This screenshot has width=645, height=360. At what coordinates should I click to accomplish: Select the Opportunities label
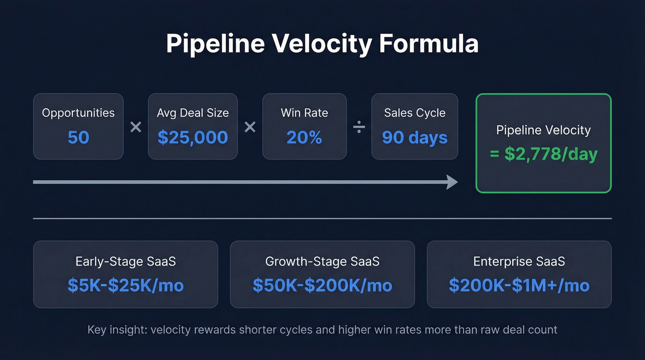[x=78, y=113]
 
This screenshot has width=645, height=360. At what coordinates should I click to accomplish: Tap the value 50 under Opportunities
[x=78, y=137]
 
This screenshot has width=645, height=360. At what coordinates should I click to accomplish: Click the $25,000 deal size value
[x=193, y=137]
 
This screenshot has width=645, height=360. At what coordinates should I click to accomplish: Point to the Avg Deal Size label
[x=193, y=113]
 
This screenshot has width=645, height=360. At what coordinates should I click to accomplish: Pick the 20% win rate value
[x=304, y=137]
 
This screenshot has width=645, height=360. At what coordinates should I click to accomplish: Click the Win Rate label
[x=304, y=113]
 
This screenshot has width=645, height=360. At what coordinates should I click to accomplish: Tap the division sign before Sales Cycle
[x=359, y=127]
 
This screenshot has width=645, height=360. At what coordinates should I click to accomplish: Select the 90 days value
[x=415, y=137]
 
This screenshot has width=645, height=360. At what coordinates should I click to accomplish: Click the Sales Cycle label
[x=415, y=113]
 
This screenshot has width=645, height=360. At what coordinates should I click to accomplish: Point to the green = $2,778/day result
[x=544, y=154]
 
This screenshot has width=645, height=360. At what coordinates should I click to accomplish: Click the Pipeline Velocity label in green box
[x=544, y=130]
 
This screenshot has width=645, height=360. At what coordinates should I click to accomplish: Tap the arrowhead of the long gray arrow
[x=452, y=182]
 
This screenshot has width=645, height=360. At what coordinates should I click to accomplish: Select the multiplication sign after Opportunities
[x=135, y=127]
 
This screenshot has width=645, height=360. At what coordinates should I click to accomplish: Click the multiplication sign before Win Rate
[x=250, y=127]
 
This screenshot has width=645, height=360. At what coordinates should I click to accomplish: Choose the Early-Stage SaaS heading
[x=125, y=262]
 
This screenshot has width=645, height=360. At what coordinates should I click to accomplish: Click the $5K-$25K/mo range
[x=125, y=285]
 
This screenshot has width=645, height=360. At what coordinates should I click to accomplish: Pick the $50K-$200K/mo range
[x=322, y=285]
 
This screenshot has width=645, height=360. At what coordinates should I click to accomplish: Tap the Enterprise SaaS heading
[x=519, y=262]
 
